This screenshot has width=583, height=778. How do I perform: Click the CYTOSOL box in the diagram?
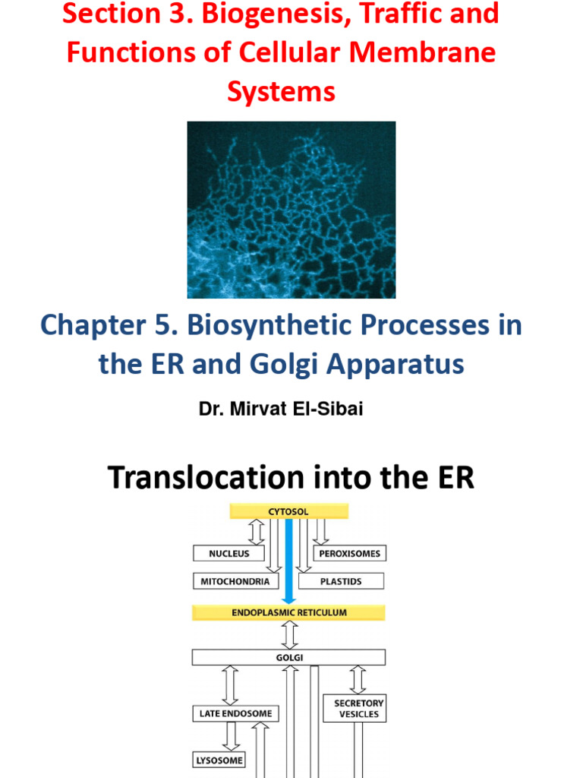(288, 511)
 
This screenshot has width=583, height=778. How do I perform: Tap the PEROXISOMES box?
(349, 554)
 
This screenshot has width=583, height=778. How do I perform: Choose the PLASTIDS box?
(341, 581)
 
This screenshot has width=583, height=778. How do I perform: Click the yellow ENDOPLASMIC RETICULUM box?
(288, 612)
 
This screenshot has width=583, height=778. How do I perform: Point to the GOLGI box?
(288, 657)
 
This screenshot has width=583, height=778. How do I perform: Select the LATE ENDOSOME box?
(231, 713)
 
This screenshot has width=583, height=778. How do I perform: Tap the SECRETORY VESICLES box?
(358, 708)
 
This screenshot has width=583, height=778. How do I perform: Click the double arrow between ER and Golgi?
(288, 634)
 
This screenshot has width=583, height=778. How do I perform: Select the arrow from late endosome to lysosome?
(231, 735)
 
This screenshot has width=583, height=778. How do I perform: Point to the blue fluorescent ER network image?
(291, 210)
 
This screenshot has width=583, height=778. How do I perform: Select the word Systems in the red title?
(281, 92)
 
